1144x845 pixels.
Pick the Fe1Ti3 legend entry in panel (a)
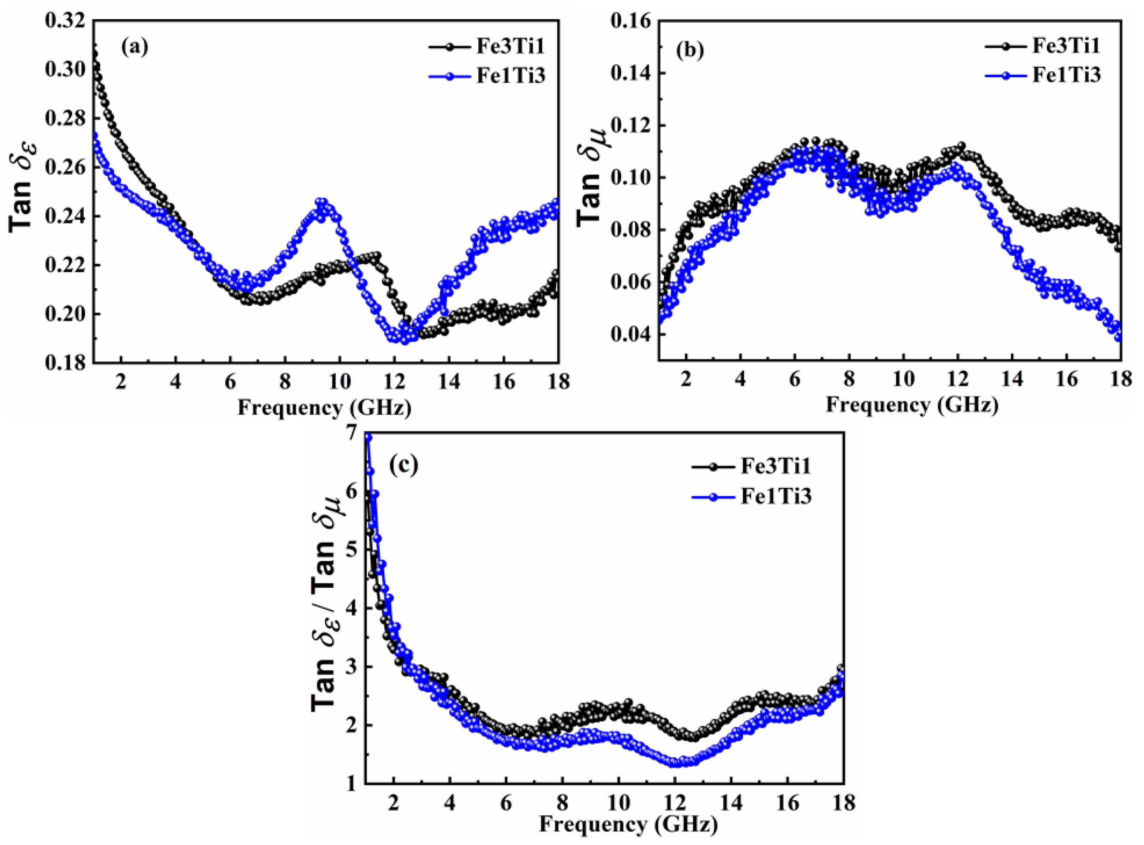486,76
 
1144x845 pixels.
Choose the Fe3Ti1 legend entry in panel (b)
1042,46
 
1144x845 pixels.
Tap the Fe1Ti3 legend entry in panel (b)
1042,75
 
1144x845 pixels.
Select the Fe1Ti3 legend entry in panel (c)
752,496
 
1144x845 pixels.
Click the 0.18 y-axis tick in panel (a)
65,363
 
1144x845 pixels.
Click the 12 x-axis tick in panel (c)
675,803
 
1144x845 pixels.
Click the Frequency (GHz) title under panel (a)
324,408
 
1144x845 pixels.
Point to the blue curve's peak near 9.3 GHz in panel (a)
321,202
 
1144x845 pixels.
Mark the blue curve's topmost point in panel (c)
368,437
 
